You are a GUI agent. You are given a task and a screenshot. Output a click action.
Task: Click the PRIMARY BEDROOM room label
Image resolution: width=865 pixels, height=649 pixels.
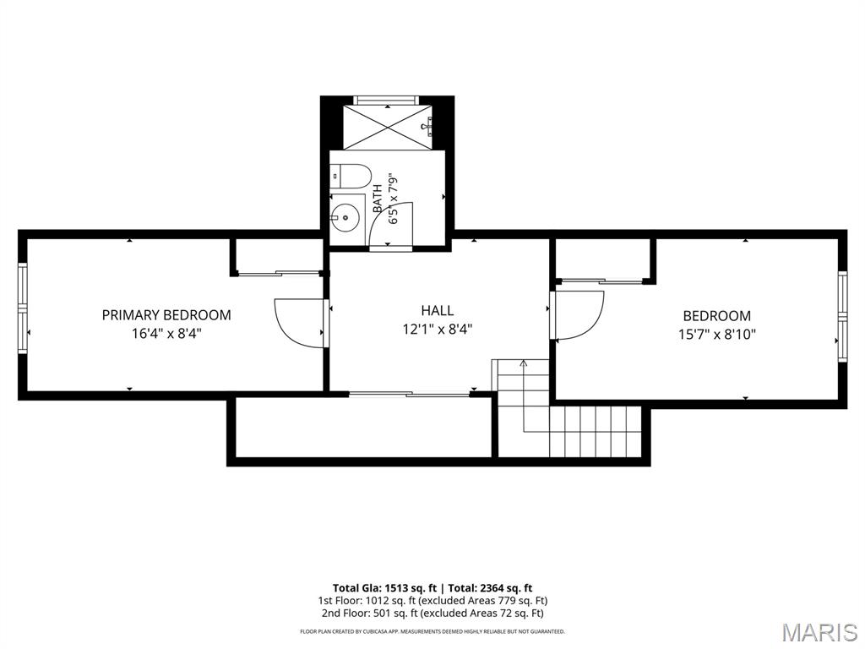pos(166,315)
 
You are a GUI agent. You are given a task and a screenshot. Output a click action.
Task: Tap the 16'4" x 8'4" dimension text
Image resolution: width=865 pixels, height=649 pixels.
pos(166,333)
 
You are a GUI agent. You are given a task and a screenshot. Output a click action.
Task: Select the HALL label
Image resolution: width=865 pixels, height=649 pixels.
pos(438,310)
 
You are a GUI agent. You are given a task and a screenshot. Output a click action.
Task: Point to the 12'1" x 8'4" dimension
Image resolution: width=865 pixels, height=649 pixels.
pos(438,330)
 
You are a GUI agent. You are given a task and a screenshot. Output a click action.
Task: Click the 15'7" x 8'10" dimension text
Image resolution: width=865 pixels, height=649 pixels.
pos(716,334)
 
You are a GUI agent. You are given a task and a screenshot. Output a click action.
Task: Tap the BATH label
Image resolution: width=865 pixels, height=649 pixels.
pos(378,199)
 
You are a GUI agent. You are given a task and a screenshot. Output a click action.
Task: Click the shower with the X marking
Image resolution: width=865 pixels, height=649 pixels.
pos(389,127)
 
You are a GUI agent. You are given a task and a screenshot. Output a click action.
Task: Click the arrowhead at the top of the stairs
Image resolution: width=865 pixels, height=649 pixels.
pos(523,363)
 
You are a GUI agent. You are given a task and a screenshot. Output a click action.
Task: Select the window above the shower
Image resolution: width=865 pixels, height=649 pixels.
pos(385,100)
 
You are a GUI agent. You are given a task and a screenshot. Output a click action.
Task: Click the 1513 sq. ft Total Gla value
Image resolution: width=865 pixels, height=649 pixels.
pos(410,588)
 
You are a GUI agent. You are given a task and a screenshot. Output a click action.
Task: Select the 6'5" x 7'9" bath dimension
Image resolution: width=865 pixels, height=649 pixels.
pos(394,199)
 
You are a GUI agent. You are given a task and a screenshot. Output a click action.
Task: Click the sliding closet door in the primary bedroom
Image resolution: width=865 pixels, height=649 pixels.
pos(278,273)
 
